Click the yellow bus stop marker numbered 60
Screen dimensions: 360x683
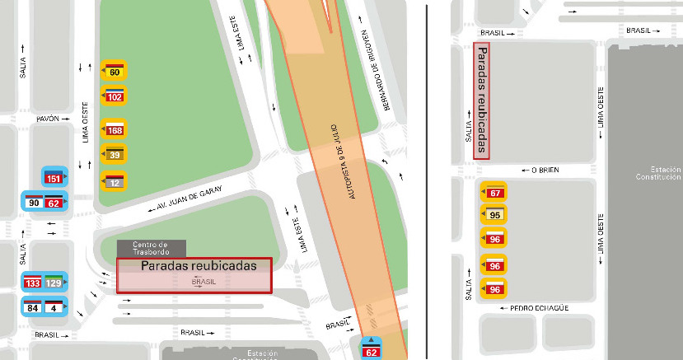(115, 71)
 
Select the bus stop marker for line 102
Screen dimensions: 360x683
(115, 96)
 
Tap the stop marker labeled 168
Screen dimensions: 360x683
(115, 129)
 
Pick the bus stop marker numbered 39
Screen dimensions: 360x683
(115, 154)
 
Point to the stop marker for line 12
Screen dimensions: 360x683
(115, 180)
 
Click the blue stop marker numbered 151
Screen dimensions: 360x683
(54, 177)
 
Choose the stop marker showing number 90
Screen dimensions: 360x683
(34, 202)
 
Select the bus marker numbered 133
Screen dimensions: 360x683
(34, 283)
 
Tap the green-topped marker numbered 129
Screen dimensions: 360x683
(54, 283)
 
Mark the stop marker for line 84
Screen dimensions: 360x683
(34, 307)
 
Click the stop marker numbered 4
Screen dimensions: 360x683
(54, 307)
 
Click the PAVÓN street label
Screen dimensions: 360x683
(48, 119)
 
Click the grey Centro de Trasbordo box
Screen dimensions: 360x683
(151, 248)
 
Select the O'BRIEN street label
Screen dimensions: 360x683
(545, 171)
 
